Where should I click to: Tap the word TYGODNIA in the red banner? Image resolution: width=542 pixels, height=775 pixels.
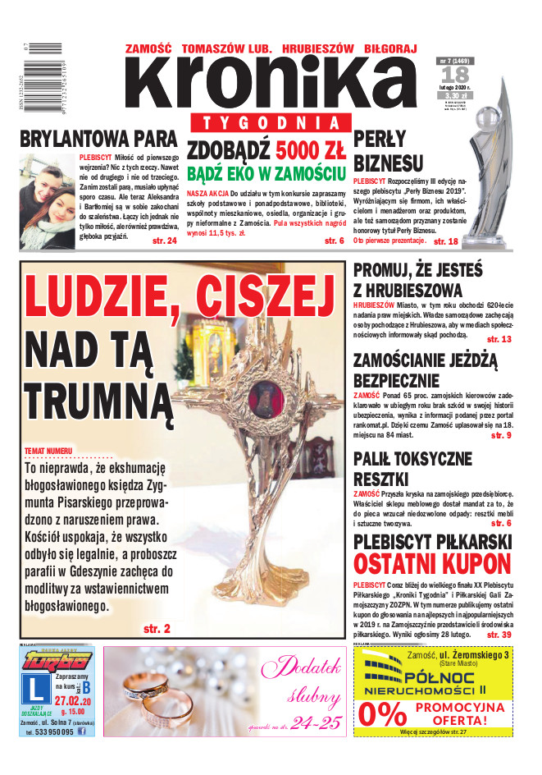coord(268,122)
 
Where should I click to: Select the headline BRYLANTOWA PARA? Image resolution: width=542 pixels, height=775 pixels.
coord(98,138)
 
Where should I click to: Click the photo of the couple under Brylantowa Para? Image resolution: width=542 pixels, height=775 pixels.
coord(48,201)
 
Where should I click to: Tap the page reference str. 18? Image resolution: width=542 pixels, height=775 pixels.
coord(446,241)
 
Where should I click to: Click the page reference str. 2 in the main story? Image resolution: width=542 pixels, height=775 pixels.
coord(157,629)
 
